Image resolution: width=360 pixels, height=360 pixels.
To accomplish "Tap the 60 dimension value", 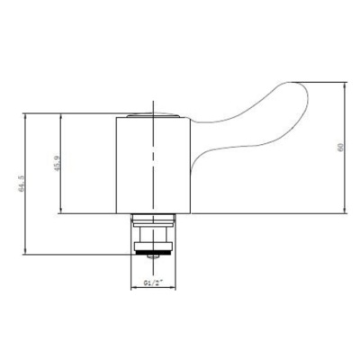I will [340, 149].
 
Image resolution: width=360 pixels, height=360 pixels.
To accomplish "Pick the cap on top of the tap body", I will [149, 114].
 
